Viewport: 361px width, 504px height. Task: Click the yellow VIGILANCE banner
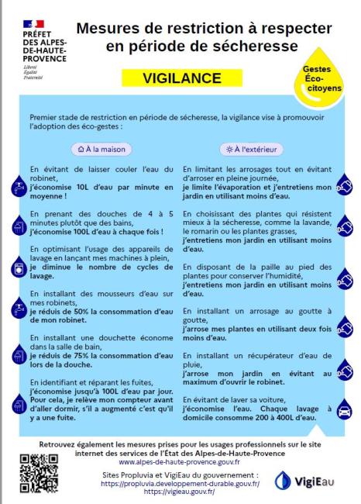[x=182, y=79]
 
